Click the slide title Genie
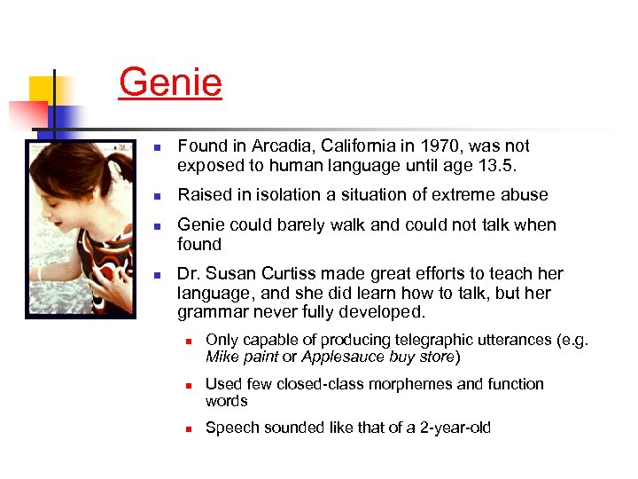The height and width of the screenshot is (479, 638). (170, 83)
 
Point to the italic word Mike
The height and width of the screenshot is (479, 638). (222, 357)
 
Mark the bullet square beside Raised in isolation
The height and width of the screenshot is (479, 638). (155, 195)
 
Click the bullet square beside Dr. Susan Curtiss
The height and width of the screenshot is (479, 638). (155, 274)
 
